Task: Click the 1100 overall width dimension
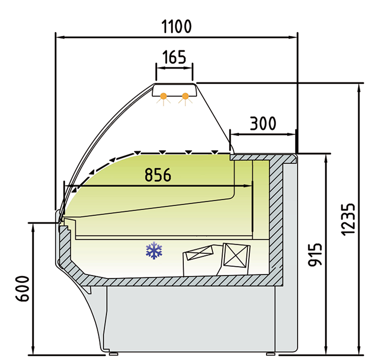[176, 26]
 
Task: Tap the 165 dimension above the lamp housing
[174, 57]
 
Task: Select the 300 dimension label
[263, 123]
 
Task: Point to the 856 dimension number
[158, 175]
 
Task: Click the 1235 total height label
[348, 219]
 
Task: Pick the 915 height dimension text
[315, 254]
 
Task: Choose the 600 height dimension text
[23, 288]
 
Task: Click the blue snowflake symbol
[154, 251]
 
